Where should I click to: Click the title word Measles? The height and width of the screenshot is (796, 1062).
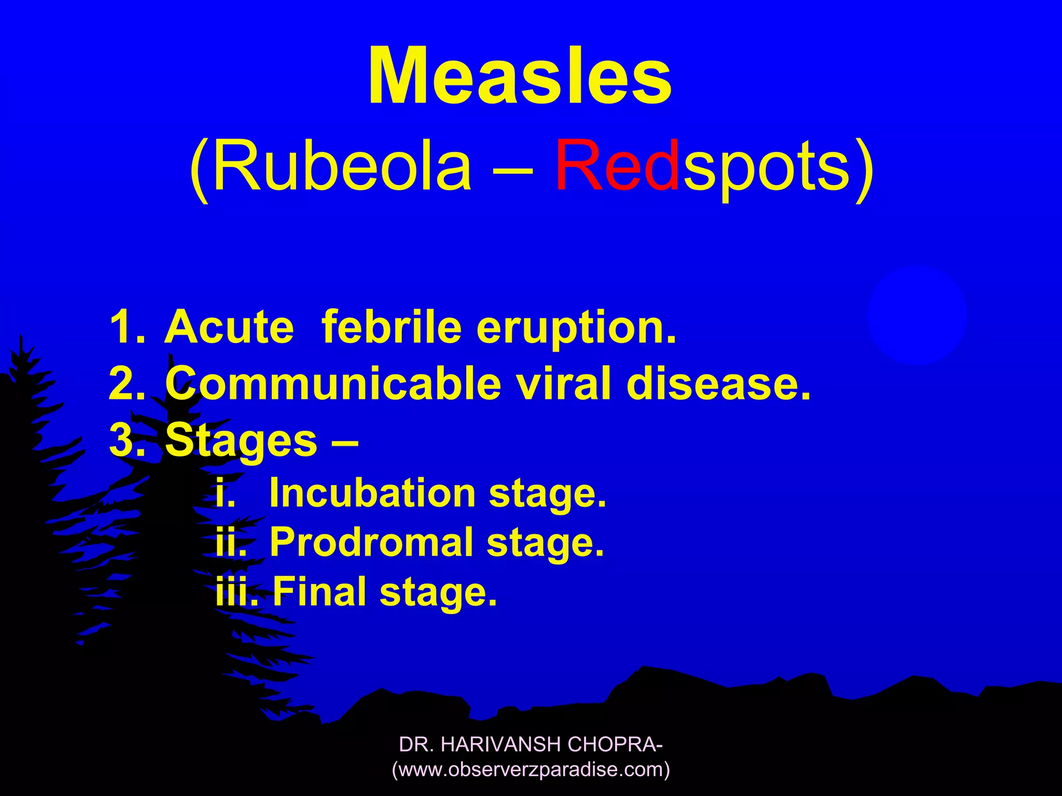(x=520, y=76)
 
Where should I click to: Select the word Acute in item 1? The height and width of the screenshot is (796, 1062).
(x=229, y=328)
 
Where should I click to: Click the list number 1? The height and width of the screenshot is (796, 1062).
(x=126, y=328)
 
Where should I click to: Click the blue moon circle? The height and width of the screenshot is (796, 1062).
(x=916, y=315)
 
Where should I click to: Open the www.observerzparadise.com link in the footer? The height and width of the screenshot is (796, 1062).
(x=531, y=770)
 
